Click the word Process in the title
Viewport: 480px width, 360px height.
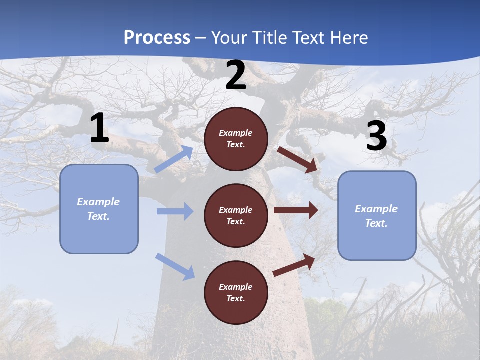click(157, 37)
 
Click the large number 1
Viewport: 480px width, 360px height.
click(99, 128)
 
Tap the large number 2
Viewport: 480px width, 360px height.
click(236, 75)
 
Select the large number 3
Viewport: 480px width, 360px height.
click(376, 136)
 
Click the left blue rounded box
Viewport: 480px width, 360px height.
click(99, 209)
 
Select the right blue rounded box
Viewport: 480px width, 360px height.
click(377, 215)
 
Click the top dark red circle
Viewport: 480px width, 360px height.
click(236, 139)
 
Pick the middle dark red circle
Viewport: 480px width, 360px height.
click(236, 215)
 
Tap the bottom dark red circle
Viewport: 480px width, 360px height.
click(236, 292)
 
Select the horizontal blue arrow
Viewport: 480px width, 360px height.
click(175, 211)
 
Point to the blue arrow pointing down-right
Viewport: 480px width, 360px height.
click(175, 266)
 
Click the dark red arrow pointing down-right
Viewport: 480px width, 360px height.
click(297, 159)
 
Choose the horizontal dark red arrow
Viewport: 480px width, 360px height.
click(296, 210)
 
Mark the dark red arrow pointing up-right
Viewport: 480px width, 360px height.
click(294, 265)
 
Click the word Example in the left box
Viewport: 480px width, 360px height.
click(98, 202)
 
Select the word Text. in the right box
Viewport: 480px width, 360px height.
click(376, 223)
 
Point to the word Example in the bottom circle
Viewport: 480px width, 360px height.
click(235, 287)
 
